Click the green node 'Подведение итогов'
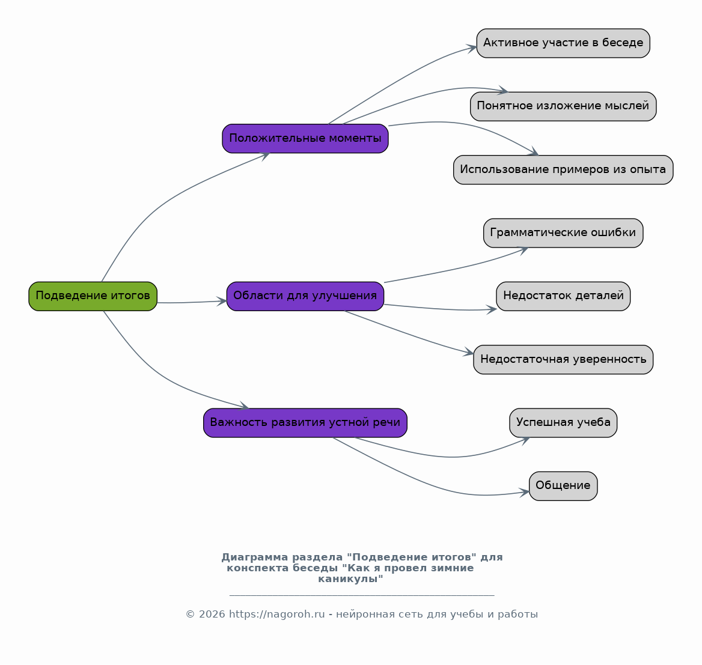[93, 296]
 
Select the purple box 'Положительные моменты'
[305, 139]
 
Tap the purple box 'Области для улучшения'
[305, 296]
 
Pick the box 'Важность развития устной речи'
[305, 423]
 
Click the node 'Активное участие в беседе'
[563, 43]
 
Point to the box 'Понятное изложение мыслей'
[563, 106]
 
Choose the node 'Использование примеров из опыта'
[563, 170]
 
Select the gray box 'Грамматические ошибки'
[563, 233]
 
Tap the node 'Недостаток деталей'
[563, 296]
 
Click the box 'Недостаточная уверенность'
[563, 360]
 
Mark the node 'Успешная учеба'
[563, 423]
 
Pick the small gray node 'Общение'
[563, 486]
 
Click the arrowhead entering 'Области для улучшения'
[222, 301]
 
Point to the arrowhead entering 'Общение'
[524, 493]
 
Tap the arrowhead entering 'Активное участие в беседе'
[472, 48]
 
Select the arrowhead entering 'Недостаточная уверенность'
[468, 352]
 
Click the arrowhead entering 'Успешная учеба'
[525, 440]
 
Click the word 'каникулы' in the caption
[350, 578]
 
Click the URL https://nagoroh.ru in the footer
[276, 614]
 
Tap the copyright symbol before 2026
[191, 615]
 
